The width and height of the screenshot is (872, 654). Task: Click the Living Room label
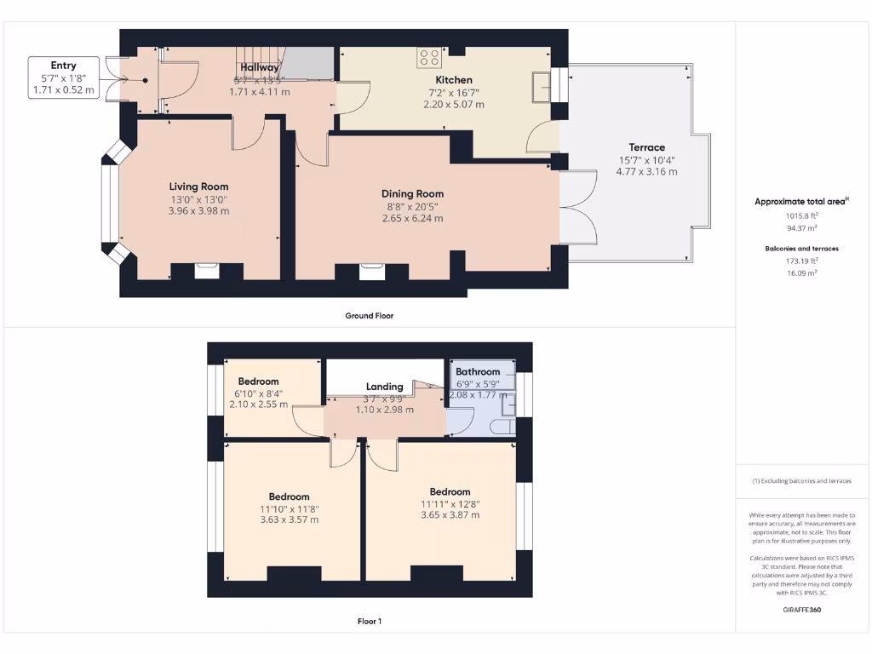(x=198, y=186)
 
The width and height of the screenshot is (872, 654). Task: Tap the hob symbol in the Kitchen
(x=430, y=57)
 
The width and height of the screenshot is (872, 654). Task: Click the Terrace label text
(x=646, y=147)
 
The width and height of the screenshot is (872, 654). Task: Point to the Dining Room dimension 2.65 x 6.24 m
(x=412, y=218)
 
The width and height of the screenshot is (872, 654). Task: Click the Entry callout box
(x=63, y=77)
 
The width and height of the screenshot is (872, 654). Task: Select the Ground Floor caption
(x=369, y=315)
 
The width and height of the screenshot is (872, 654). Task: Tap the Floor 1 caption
(x=369, y=622)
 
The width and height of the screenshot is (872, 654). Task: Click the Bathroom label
(x=478, y=372)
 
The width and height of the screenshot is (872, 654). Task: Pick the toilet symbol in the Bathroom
(x=507, y=425)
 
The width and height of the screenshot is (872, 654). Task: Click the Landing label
(x=384, y=387)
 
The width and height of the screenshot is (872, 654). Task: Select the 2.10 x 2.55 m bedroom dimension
(x=258, y=404)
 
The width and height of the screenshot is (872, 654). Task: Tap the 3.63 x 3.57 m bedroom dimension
(x=289, y=519)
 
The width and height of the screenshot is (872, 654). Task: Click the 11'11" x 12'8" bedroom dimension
(x=450, y=503)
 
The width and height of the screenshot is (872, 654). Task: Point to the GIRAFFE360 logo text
(x=802, y=610)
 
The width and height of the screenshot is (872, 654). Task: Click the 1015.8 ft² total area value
(x=801, y=215)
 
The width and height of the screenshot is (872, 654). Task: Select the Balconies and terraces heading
(x=801, y=249)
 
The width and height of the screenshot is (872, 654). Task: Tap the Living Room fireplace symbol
(x=207, y=272)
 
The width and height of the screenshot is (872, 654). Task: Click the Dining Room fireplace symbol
(x=371, y=272)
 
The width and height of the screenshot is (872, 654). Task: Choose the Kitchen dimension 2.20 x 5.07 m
(x=453, y=104)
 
